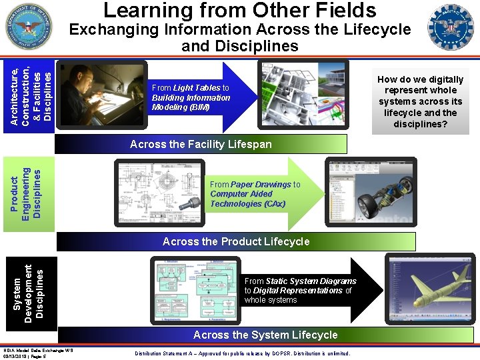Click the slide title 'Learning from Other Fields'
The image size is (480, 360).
click(x=240, y=11)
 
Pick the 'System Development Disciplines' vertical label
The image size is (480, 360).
click(x=30, y=292)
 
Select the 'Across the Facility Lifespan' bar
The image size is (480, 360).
click(x=201, y=144)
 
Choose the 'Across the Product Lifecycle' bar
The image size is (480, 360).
click(x=236, y=241)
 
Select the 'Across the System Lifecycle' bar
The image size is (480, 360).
click(x=265, y=335)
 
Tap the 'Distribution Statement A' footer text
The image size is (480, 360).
click(x=242, y=353)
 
